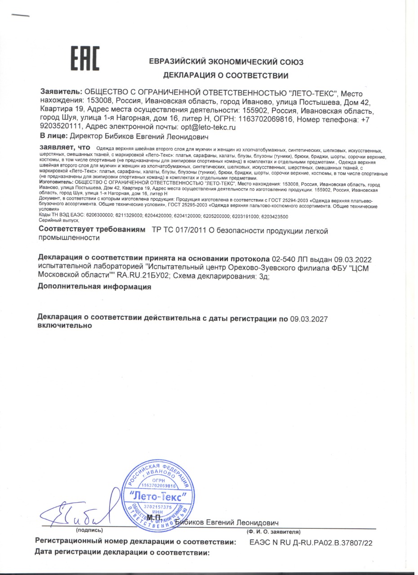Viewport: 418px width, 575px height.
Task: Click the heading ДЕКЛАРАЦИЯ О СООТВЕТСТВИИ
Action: pyautogui.click(x=226, y=75)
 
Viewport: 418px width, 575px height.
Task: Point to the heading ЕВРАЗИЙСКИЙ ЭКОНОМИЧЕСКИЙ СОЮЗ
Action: pyautogui.click(x=226, y=62)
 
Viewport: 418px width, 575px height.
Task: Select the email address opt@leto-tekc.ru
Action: pyautogui.click(x=208, y=127)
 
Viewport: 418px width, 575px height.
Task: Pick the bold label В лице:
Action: pyautogui.click(x=53, y=135)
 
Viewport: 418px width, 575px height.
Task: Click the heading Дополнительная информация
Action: pyautogui.click(x=94, y=286)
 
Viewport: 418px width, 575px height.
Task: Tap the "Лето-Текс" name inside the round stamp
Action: pyautogui.click(x=157, y=497)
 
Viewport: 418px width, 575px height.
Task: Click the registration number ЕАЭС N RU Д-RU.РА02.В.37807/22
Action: pyautogui.click(x=311, y=543)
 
